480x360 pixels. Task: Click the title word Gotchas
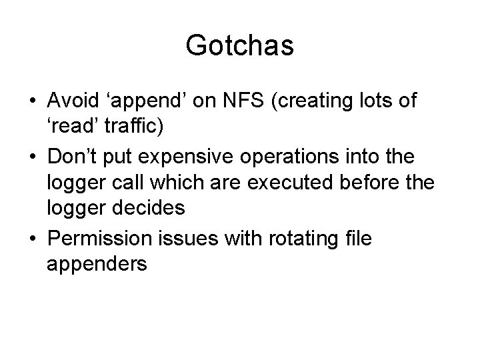(x=240, y=46)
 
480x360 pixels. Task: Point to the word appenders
(x=97, y=264)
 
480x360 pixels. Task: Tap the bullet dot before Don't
(x=33, y=158)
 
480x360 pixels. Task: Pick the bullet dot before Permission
(x=33, y=235)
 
